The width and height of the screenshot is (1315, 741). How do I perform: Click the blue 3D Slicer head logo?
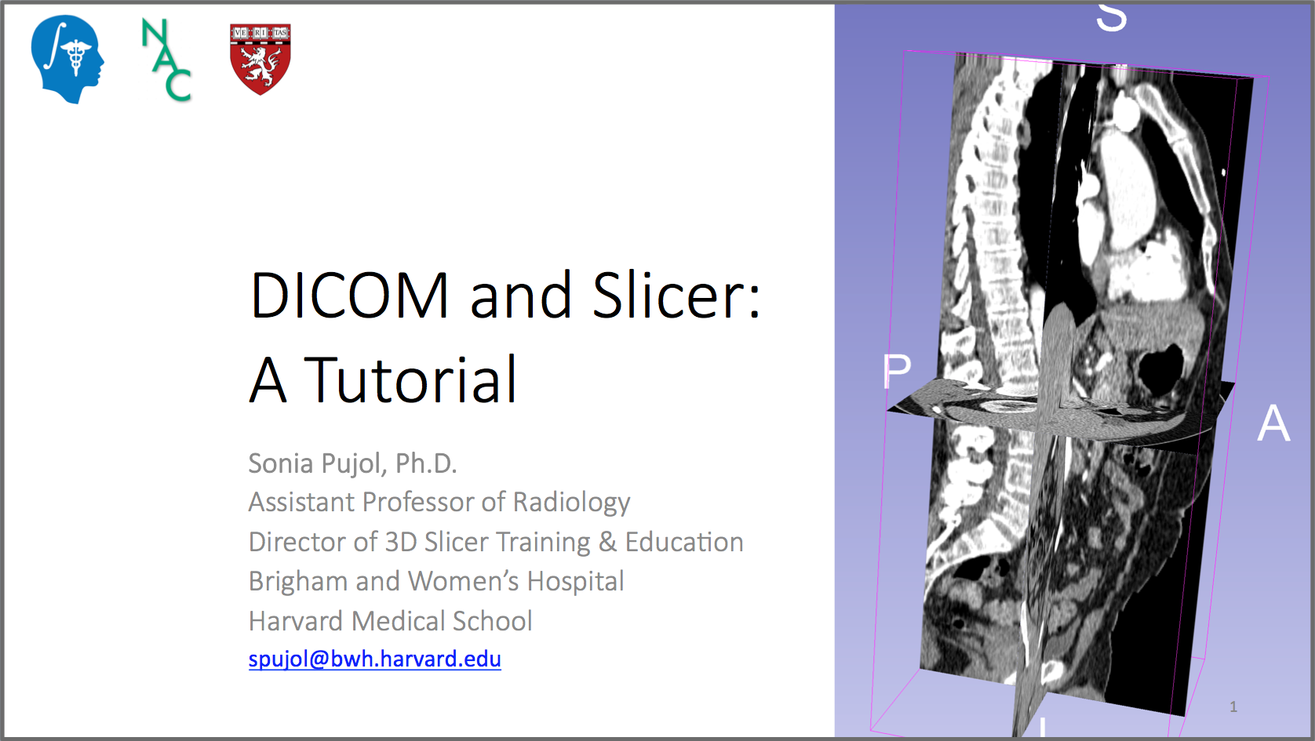tap(67, 60)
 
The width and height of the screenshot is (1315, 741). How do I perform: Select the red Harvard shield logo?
tap(260, 59)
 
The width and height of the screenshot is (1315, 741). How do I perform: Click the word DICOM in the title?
tap(350, 296)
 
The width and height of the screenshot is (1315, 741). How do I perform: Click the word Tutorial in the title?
tap(410, 380)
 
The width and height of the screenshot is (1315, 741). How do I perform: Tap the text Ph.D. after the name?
tap(425, 463)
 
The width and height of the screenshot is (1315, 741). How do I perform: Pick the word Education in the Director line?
tap(684, 543)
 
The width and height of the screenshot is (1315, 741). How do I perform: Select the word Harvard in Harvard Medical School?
tap(296, 621)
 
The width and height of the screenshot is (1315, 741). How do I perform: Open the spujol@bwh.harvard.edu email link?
tap(374, 659)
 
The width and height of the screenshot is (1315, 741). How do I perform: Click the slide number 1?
tap(1233, 706)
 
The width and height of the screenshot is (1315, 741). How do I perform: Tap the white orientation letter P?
tap(897, 371)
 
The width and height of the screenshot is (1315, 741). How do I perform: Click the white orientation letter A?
tap(1273, 423)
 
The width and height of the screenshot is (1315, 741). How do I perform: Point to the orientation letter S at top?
tap(1111, 16)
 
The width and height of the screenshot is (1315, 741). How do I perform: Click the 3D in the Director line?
tap(400, 543)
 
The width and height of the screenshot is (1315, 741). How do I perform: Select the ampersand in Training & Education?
tap(607, 543)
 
